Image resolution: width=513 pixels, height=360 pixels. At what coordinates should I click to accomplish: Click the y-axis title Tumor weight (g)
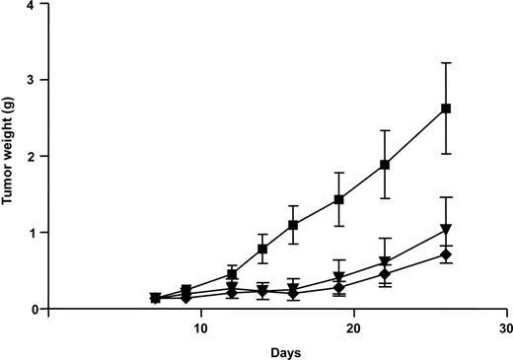pos(9,156)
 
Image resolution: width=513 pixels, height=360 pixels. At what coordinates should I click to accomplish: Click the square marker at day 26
pos(446,108)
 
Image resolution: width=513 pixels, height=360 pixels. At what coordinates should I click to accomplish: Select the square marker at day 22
pos(385,165)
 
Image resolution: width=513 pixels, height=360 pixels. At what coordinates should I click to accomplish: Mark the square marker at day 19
pos(339,199)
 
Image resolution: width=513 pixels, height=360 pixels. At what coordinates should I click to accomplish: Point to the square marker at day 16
pos(293,225)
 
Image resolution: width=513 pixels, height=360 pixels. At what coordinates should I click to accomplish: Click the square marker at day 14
pos(262,249)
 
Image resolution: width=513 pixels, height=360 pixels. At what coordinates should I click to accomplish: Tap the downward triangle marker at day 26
pos(446,230)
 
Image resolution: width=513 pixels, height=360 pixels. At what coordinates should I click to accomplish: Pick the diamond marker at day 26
pos(446,254)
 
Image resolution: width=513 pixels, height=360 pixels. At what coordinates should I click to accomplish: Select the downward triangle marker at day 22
pos(385,262)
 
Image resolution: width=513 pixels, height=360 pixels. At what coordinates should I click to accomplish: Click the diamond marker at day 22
pos(385,273)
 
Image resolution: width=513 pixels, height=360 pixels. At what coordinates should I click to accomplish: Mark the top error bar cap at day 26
pos(446,63)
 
